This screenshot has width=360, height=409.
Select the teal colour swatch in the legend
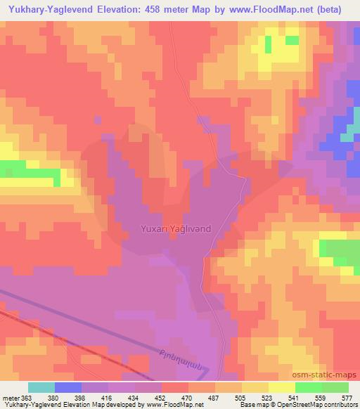tap(41, 387)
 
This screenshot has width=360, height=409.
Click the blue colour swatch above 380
tap(67, 387)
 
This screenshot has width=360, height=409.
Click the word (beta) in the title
tap(341, 10)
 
